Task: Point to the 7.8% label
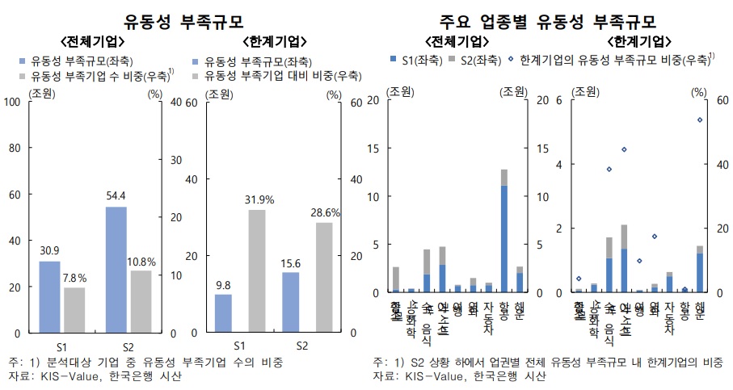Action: coord(74,279)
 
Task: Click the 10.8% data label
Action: coord(141,262)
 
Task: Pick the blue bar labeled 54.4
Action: coord(116,270)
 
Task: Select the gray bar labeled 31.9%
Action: coord(256,271)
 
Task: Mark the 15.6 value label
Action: coord(289,264)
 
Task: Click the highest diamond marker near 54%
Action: coord(700,120)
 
